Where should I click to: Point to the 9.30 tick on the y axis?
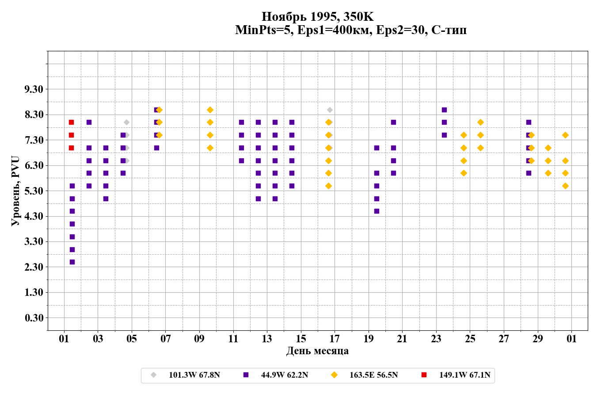(34, 89)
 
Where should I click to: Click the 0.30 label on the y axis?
(34, 318)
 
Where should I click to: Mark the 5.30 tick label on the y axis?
(34, 191)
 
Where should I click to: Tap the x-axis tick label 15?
(301, 339)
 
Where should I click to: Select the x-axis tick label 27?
(504, 339)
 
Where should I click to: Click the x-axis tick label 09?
(199, 339)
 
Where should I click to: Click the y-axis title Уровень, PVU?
(15, 191)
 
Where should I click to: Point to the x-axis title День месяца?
(317, 351)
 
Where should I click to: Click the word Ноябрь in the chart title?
(284, 17)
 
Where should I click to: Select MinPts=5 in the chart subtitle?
(263, 30)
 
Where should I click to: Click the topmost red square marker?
(71, 122)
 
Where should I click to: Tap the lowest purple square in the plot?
(72, 262)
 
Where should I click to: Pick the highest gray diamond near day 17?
(330, 110)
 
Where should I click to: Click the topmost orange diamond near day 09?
(210, 110)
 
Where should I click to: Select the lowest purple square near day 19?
(377, 211)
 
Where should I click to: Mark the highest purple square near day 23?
(444, 110)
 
